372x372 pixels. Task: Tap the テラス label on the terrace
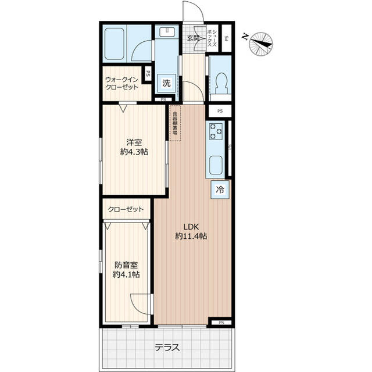point(167,348)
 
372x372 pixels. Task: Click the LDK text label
point(191,226)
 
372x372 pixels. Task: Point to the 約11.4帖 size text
point(191,236)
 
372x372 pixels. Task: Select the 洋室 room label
point(134,142)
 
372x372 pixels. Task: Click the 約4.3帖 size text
point(134,152)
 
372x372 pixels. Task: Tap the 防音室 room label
point(126,264)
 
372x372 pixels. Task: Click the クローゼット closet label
point(126,209)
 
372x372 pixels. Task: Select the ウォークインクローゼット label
point(122,83)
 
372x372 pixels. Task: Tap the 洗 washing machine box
point(167,83)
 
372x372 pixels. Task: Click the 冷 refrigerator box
point(220,189)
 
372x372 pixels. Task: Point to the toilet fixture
point(221,82)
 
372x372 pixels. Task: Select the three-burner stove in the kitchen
point(216,131)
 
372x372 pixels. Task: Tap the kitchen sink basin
point(215,165)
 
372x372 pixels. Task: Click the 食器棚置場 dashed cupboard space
point(174,123)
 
